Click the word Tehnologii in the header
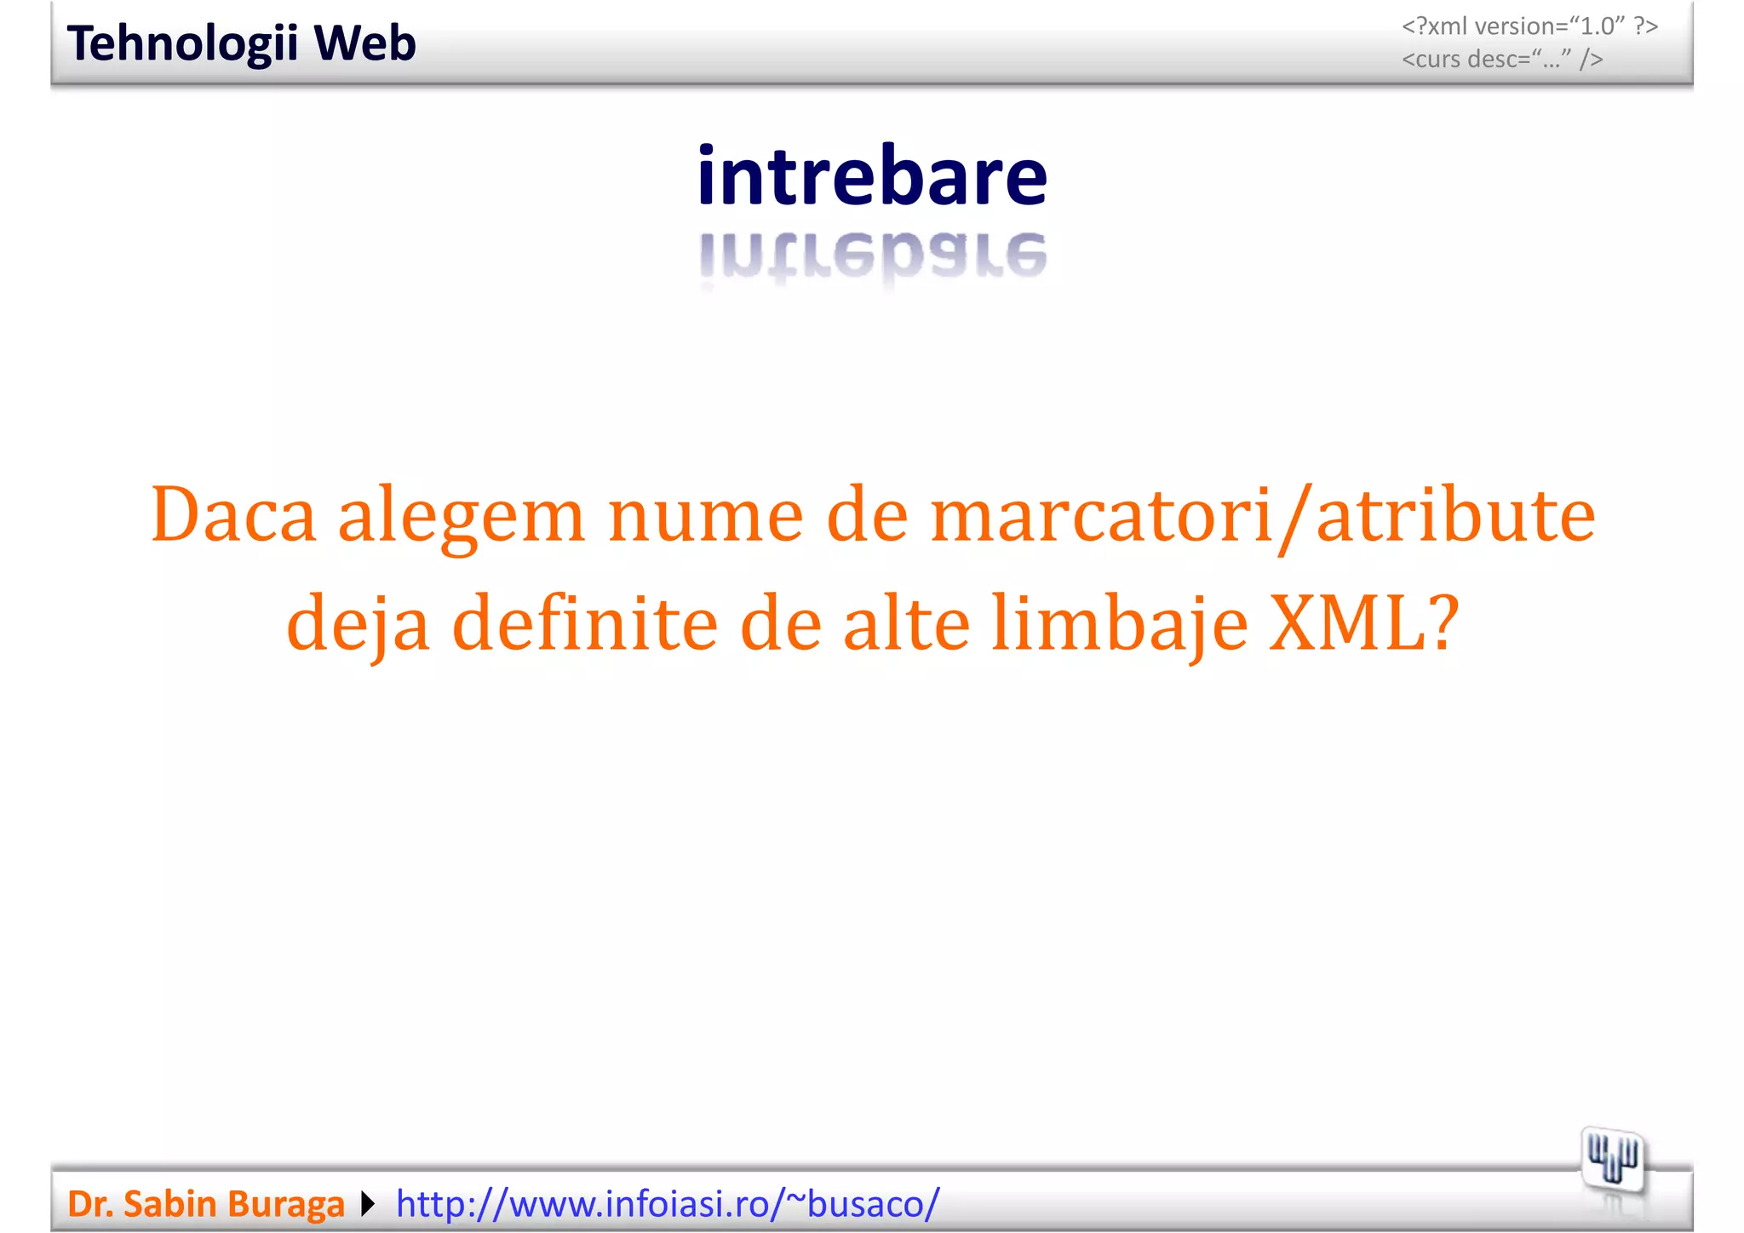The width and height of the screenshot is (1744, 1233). pyautogui.click(x=181, y=44)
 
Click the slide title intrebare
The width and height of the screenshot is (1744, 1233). pyautogui.click(x=872, y=176)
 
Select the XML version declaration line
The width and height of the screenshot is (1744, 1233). pyautogui.click(x=1529, y=26)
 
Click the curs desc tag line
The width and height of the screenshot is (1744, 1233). pyautogui.click(x=1502, y=60)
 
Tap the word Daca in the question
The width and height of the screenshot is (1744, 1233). pyautogui.click(x=233, y=515)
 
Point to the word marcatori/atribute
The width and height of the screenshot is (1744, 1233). pyautogui.click(x=1263, y=516)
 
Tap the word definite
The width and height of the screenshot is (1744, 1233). pyautogui.click(x=585, y=623)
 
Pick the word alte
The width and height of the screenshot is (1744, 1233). pyautogui.click(x=906, y=623)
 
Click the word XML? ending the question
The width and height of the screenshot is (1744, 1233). pyautogui.click(x=1363, y=623)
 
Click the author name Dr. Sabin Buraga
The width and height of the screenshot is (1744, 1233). pyautogui.click(x=206, y=1204)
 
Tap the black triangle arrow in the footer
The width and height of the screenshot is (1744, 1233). pyautogui.click(x=368, y=1204)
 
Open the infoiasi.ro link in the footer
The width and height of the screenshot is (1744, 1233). pyautogui.click(x=668, y=1204)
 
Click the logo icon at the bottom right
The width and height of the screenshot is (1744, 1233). pyautogui.click(x=1612, y=1160)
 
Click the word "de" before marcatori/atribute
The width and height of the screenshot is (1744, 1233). pyautogui.click(x=867, y=516)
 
